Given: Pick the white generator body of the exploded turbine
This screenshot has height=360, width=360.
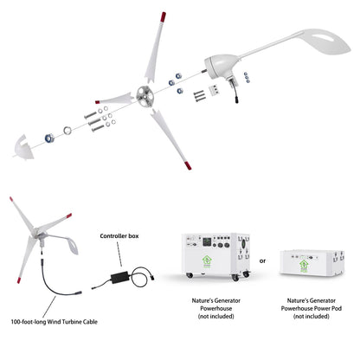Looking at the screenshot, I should pyautogui.click(x=217, y=67).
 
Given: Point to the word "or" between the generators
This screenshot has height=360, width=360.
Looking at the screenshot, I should pyautogui.click(x=261, y=259).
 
